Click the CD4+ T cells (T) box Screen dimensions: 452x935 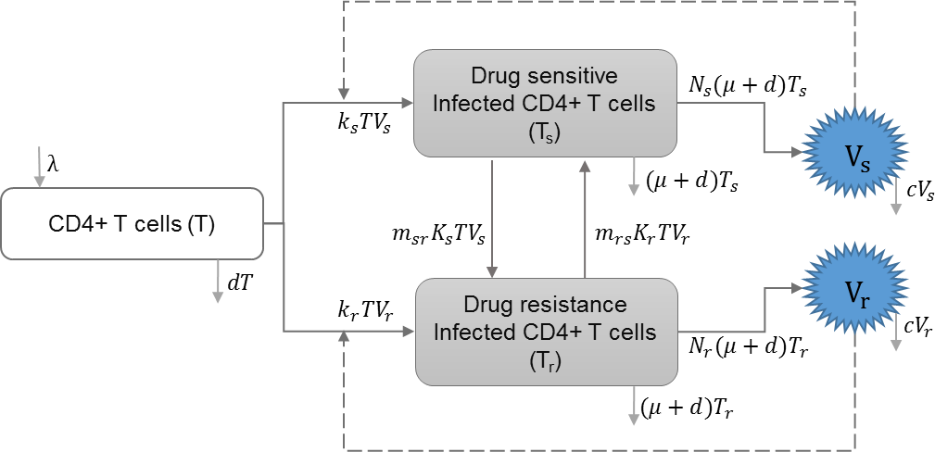[132, 223]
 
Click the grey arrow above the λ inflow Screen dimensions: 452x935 [38, 168]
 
